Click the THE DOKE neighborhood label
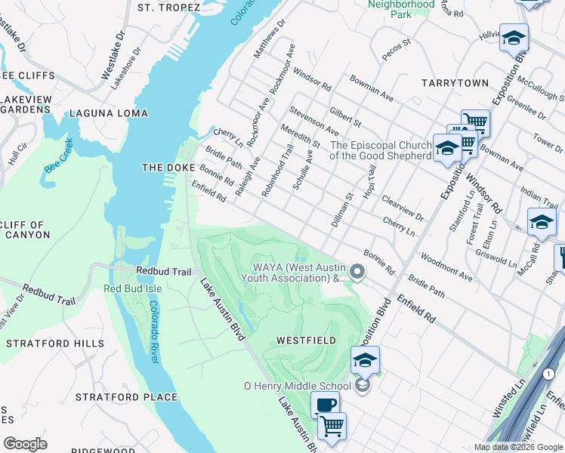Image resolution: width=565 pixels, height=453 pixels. click(x=169, y=167)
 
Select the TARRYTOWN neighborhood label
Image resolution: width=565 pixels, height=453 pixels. click(x=455, y=82)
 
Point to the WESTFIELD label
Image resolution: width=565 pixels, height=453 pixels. click(x=306, y=341)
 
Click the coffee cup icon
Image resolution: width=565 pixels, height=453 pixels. click(x=325, y=405)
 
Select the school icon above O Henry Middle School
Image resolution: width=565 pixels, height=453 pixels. click(x=365, y=359)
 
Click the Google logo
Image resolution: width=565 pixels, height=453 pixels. click(x=25, y=444)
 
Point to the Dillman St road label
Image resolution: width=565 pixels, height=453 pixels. click(x=342, y=211)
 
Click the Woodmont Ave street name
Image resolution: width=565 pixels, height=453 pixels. click(x=446, y=267)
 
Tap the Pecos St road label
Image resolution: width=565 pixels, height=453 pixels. click(x=395, y=51)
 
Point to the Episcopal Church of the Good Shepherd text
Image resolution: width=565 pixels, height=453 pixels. click(x=381, y=150)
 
